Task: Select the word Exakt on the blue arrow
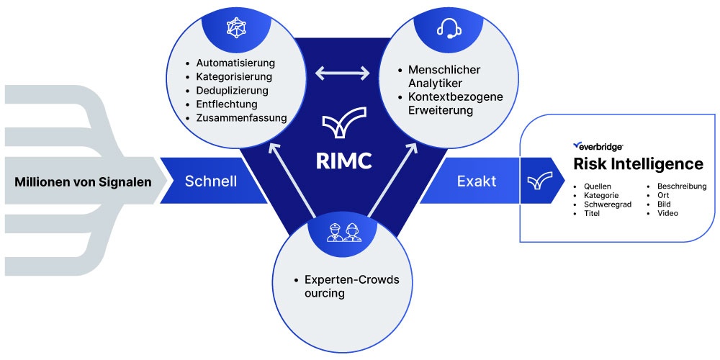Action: click(476, 181)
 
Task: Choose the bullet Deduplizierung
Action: click(232, 91)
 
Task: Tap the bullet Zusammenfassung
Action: click(241, 118)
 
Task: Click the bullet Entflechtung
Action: click(226, 104)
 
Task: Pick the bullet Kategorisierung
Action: click(234, 77)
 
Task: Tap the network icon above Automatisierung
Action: click(236, 28)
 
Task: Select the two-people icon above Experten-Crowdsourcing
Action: click(343, 233)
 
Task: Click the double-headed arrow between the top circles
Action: click(343, 73)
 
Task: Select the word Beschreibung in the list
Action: click(682, 186)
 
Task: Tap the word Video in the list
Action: click(667, 214)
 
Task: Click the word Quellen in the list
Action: click(598, 186)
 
